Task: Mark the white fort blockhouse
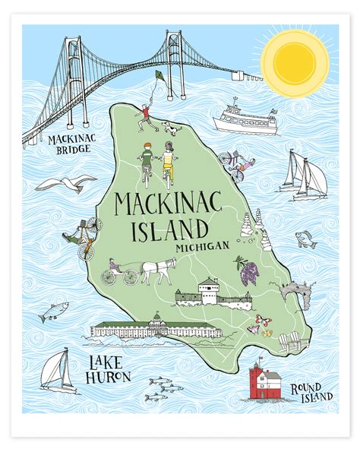208,292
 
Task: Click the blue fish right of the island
305,239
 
